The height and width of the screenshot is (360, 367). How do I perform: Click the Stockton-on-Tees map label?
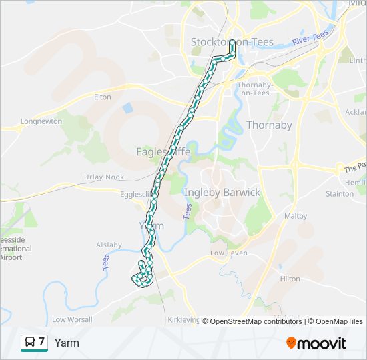(232, 42)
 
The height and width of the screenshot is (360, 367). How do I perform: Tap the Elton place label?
(103, 97)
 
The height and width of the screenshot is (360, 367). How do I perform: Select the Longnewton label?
(41, 121)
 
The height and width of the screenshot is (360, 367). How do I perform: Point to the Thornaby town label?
(269, 125)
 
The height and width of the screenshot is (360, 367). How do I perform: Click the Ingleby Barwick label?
(222, 193)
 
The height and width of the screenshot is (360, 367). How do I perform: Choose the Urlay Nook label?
(104, 177)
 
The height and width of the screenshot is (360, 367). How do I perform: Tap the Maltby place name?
(296, 216)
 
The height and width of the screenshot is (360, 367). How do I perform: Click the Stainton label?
(340, 194)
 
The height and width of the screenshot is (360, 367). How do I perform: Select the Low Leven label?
(229, 253)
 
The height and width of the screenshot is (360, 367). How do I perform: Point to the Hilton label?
(290, 279)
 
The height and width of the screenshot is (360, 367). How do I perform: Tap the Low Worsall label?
(72, 320)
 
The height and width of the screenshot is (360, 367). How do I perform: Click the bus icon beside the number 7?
(29, 343)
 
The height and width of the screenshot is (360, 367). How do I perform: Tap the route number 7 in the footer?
(42, 342)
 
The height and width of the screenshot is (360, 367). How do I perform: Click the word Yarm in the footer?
(67, 343)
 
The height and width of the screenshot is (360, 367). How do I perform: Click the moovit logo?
(316, 343)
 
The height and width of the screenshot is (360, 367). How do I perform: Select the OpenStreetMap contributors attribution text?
(256, 321)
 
